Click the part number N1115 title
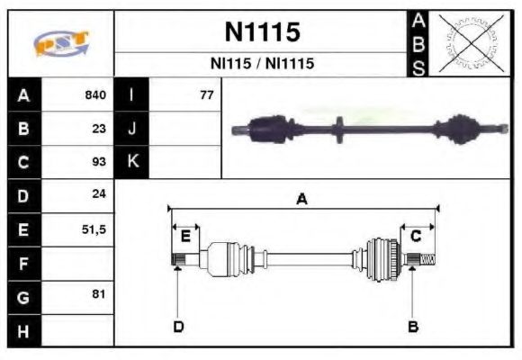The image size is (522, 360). point(262,33)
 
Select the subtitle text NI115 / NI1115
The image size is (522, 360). point(262,65)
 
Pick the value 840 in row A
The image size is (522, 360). point(95,95)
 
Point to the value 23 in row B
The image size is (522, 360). point(99,129)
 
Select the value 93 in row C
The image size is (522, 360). point(99,162)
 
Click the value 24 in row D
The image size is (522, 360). point(99,195)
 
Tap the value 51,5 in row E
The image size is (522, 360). point(94,229)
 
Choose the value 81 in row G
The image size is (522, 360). point(99,294)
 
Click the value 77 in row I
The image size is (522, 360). point(206,95)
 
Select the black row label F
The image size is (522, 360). point(24,263)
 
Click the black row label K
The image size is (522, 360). point(132,162)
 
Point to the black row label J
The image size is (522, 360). point(132,129)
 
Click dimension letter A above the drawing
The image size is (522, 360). point(302,199)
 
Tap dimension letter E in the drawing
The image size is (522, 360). point(185,237)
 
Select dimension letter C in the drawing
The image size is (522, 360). point(416,236)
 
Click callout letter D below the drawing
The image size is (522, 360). point(178,326)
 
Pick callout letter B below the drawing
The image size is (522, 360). point(413,326)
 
